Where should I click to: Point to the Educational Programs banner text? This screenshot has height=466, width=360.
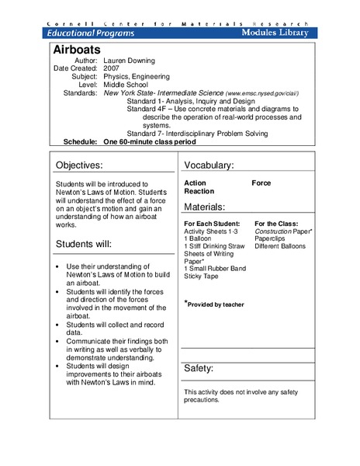(92, 33)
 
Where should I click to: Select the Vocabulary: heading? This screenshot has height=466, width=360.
(209, 165)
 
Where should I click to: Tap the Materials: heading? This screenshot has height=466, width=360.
(205, 207)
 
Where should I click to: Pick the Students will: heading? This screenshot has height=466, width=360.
(83, 244)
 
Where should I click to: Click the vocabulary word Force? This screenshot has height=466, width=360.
(261, 183)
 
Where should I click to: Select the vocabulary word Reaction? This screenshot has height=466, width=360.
(199, 192)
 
